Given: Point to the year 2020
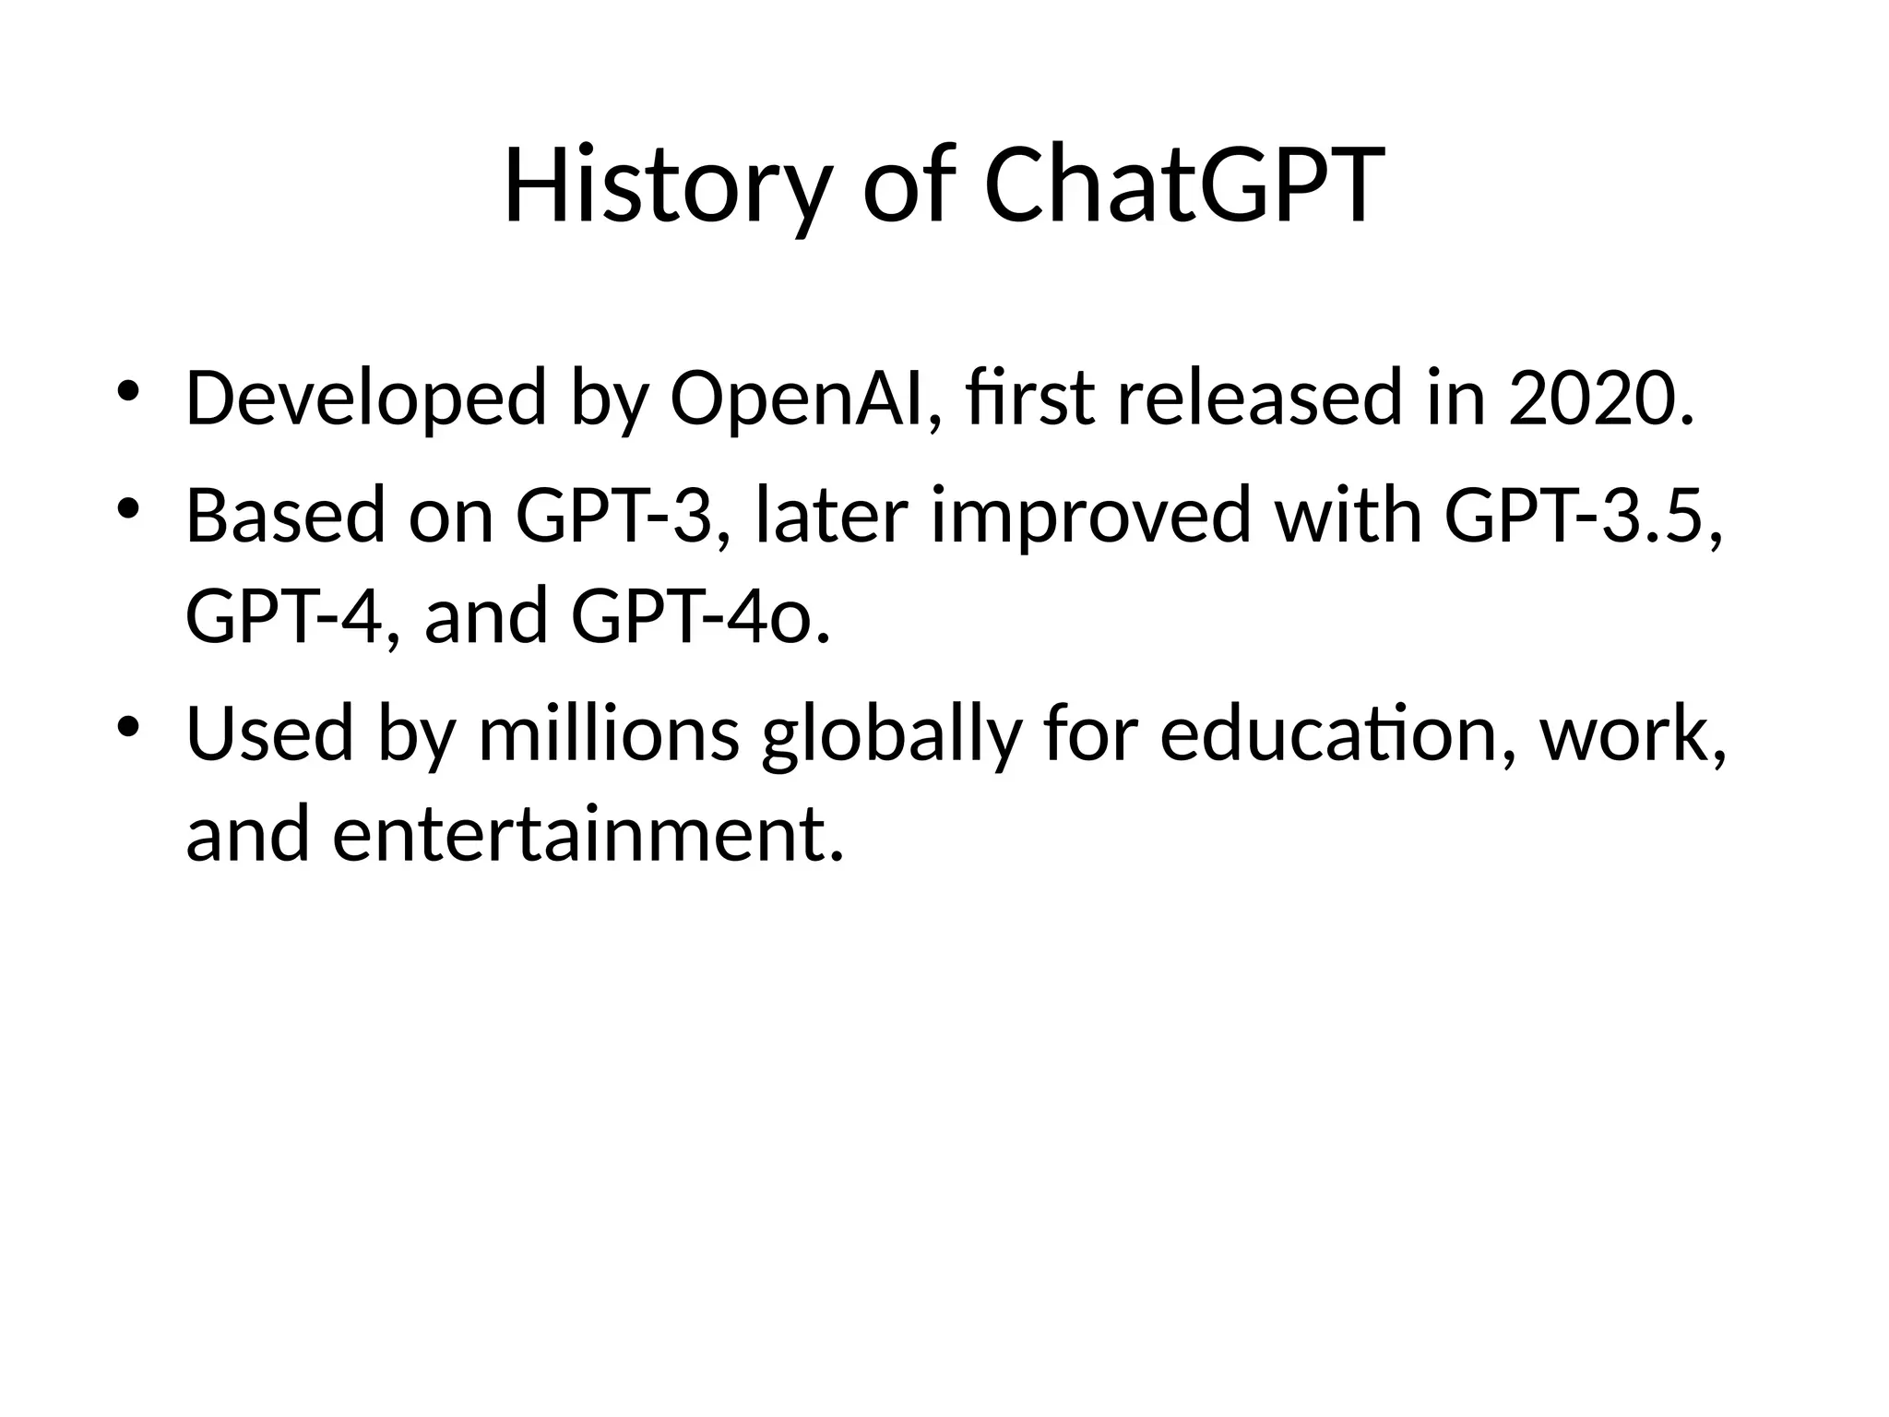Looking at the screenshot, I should tap(1599, 399).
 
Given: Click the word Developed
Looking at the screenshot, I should tap(365, 399).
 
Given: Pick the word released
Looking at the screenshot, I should tap(1259, 399).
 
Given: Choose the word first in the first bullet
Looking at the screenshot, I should tap(1031, 399).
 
